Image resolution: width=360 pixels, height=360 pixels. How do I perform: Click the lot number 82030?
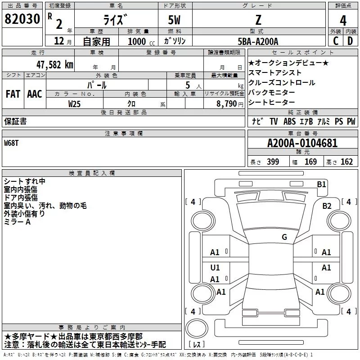point(22,19)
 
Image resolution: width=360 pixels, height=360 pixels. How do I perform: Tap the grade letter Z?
point(258,19)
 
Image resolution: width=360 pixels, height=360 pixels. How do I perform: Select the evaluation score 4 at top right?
point(343,20)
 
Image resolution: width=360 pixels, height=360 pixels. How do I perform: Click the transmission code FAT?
point(13,94)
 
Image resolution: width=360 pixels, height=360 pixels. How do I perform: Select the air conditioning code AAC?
point(35,94)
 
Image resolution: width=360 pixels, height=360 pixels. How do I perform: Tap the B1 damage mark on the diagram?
point(321,184)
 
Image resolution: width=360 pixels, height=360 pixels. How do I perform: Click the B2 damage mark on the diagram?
point(327,206)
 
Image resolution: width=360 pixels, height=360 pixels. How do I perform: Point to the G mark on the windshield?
point(284,237)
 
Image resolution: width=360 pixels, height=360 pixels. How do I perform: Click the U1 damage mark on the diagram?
point(215,268)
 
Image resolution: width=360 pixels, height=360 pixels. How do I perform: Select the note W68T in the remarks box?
point(13,143)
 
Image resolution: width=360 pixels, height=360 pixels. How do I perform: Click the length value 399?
point(273,162)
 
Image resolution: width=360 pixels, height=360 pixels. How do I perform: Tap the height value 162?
point(346,162)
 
